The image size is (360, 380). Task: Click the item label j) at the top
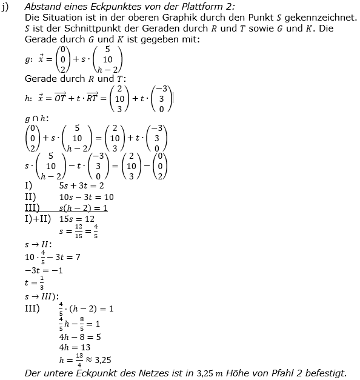[x=5, y=7]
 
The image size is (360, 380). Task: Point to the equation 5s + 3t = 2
[x=81, y=186]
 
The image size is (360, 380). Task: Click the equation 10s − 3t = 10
[x=86, y=197]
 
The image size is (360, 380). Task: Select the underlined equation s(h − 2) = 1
[x=83, y=208]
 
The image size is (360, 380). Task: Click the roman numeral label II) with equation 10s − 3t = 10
[x=30, y=197]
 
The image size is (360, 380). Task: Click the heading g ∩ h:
[x=37, y=118]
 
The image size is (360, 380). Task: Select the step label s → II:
[x=38, y=244]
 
